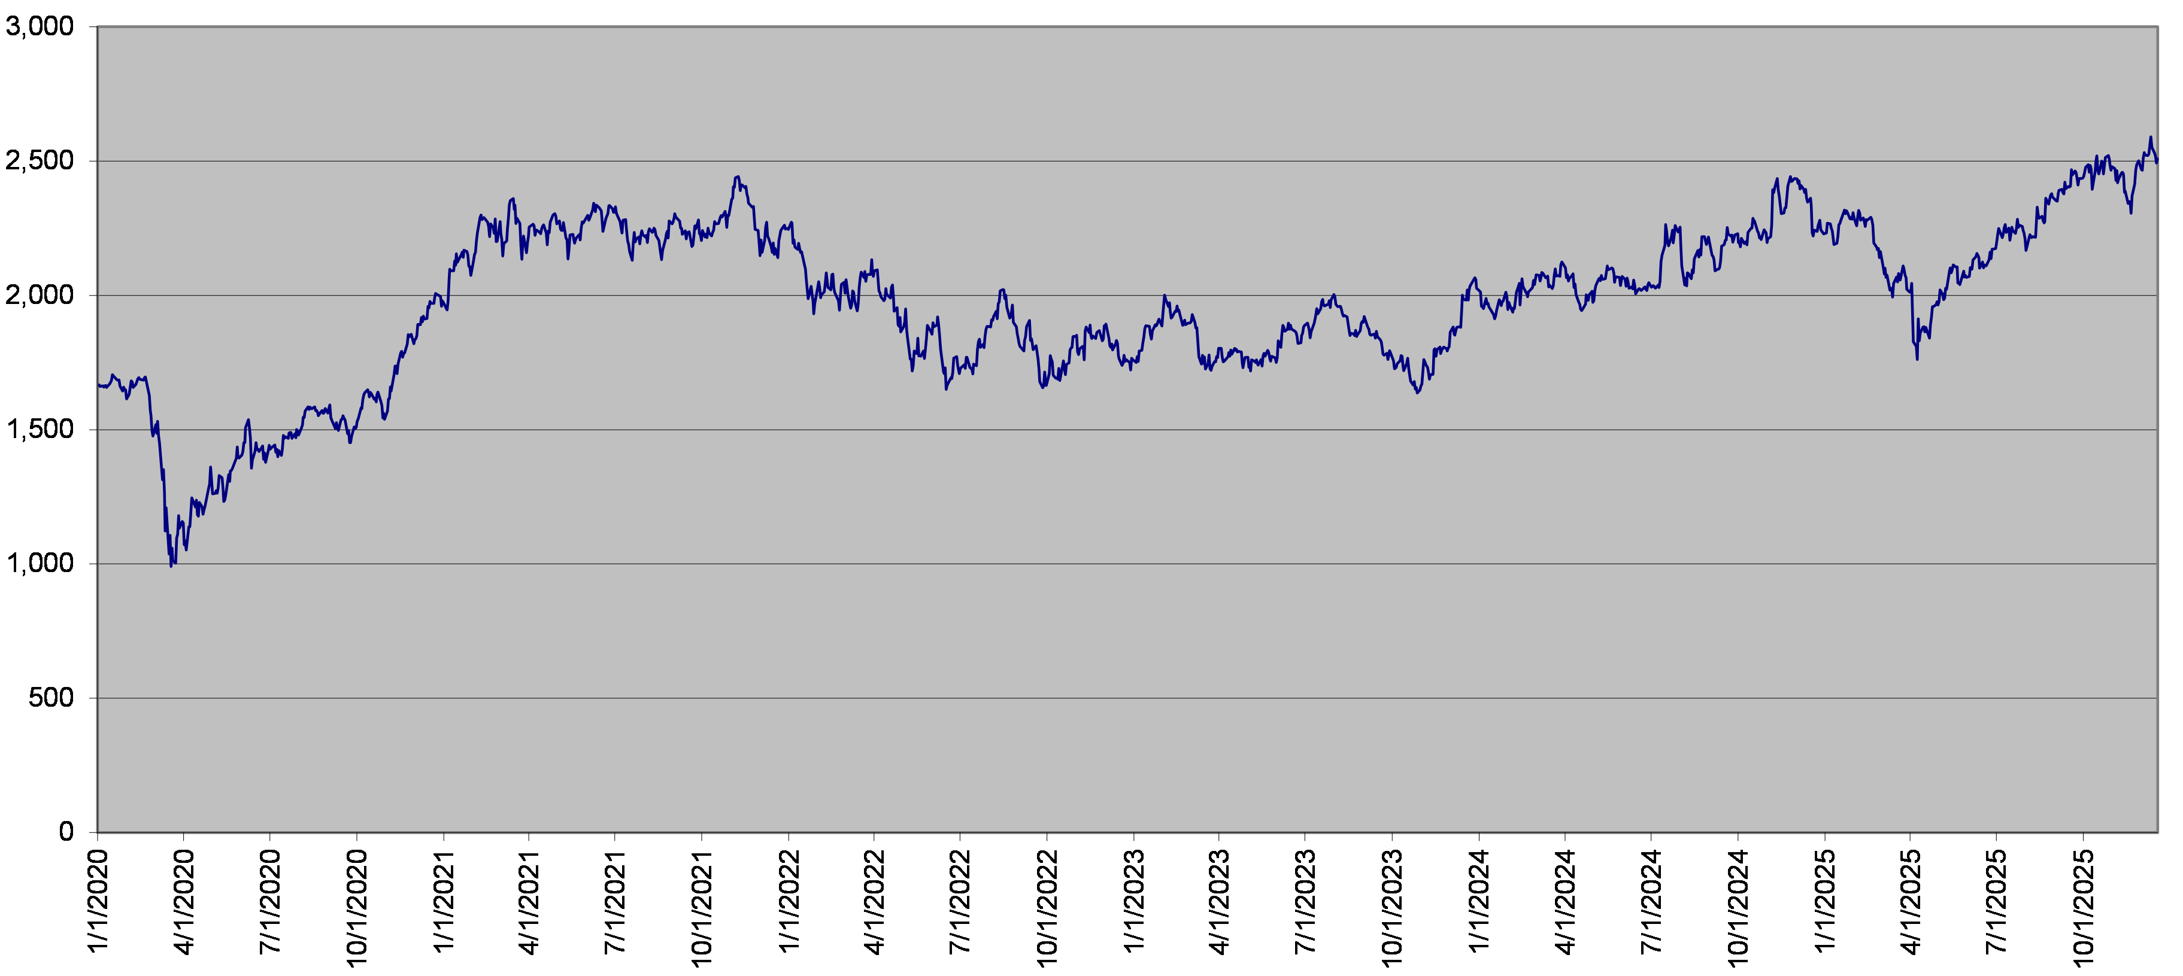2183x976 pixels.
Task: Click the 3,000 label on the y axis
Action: [40, 27]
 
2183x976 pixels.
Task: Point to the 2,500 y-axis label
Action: [40, 161]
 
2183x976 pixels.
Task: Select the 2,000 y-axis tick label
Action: [40, 296]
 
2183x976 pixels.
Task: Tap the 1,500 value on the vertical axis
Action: [40, 430]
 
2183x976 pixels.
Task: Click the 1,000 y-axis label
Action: [40, 564]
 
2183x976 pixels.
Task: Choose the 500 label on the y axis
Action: [51, 698]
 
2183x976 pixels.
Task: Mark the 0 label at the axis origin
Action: [66, 832]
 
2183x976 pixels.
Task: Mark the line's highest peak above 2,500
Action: [2150, 137]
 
